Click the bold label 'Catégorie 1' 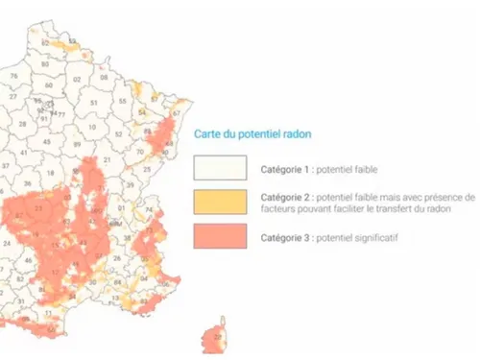point(286,169)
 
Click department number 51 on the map point(93,103)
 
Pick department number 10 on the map point(89,127)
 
